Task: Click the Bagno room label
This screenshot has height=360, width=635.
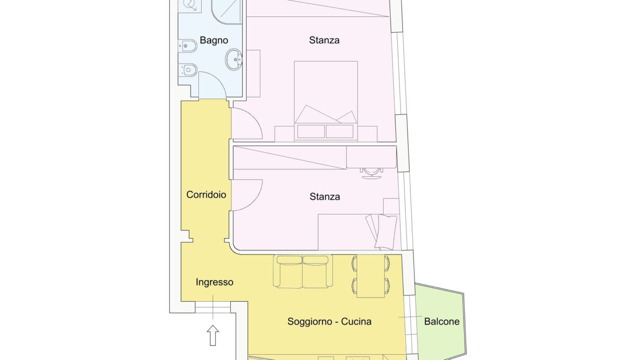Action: [x=214, y=40]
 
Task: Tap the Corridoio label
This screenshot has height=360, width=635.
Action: [x=206, y=195]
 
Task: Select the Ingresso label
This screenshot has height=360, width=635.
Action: [x=214, y=282]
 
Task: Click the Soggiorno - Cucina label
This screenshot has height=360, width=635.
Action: [x=329, y=321]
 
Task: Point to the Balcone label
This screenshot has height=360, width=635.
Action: [x=442, y=321]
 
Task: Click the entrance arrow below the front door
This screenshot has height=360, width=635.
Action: [x=213, y=335]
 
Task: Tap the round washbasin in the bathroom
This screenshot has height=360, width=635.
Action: [x=233, y=60]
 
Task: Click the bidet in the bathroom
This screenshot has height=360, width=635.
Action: [x=188, y=46]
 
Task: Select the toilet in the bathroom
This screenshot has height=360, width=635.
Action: [x=188, y=70]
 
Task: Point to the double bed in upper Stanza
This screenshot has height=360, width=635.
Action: [x=326, y=101]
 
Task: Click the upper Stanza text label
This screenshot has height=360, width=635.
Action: [x=324, y=40]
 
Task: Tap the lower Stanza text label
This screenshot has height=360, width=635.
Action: [x=324, y=196]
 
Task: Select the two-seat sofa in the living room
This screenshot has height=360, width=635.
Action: [x=303, y=271]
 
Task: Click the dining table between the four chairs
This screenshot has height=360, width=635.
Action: [x=370, y=276]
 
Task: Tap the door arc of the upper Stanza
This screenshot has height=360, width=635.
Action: [x=253, y=119]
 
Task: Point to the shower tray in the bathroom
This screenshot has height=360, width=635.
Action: [x=227, y=12]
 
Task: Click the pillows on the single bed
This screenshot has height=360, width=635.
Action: [x=382, y=231]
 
